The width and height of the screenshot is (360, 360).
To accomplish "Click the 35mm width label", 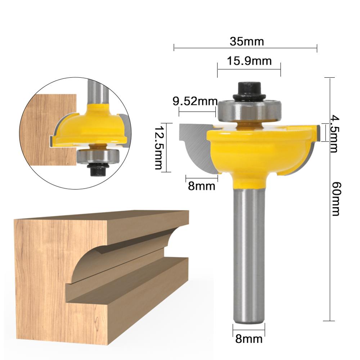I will coord(247,42).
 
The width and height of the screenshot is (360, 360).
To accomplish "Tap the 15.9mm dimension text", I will coord(249,61).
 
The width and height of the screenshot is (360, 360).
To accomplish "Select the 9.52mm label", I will coord(195,102).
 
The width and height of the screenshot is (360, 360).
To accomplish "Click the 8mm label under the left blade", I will coord(202,186).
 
